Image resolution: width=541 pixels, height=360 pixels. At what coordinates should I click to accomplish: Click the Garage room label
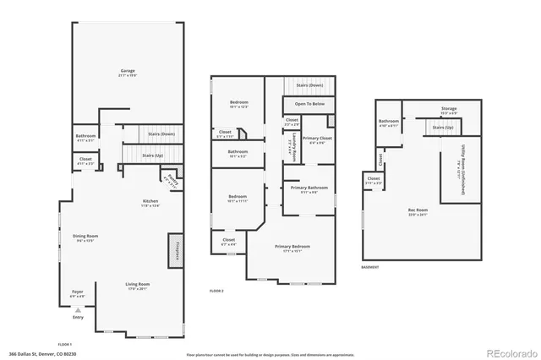[x=128, y=71]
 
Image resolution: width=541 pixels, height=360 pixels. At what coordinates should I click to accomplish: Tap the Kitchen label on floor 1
[x=150, y=201]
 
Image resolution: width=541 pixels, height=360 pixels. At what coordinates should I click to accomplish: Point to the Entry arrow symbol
[x=79, y=310]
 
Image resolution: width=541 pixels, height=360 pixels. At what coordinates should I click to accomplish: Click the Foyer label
[x=77, y=292]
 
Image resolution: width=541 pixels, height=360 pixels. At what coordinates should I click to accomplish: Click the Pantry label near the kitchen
[x=172, y=179]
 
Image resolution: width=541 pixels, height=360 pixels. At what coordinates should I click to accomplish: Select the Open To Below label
[x=309, y=104]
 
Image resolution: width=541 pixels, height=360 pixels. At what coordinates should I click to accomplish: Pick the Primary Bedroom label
[x=292, y=246]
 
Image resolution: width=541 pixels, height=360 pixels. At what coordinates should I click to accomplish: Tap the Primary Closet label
[x=317, y=138]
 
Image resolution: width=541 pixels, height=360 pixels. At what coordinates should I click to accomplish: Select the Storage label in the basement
[x=449, y=108]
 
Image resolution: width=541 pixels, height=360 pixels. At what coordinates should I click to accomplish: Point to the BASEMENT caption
[x=370, y=268]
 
